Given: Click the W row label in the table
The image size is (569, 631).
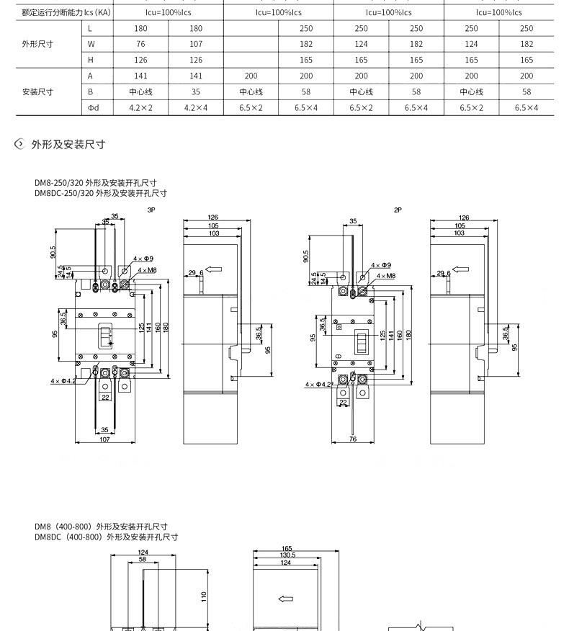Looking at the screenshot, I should pyautogui.click(x=91, y=45).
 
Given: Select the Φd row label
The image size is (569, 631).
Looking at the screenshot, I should pyautogui.click(x=93, y=108).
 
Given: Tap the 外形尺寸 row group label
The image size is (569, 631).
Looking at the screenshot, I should pyautogui.click(x=37, y=45).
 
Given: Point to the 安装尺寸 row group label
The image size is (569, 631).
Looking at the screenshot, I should pyautogui.click(x=37, y=92).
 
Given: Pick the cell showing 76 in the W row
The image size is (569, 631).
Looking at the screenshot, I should pyautogui.click(x=141, y=45).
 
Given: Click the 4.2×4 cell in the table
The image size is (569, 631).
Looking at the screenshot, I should pyautogui.click(x=196, y=108).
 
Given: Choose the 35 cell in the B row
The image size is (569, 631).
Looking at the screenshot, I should pyautogui.click(x=196, y=92).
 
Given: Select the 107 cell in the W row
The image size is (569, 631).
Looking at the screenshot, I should pyautogui.click(x=196, y=45).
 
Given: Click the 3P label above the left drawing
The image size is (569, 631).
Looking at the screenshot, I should pyautogui.click(x=151, y=210).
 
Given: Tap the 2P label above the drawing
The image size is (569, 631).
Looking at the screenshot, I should pyautogui.click(x=398, y=210).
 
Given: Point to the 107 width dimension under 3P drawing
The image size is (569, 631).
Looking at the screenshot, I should pyautogui.click(x=104, y=439).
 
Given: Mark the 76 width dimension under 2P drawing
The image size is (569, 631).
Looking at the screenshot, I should pyautogui.click(x=353, y=439).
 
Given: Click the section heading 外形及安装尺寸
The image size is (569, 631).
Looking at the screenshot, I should pyautogui.click(x=68, y=145).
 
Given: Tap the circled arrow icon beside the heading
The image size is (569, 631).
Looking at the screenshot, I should pyautogui.click(x=19, y=145).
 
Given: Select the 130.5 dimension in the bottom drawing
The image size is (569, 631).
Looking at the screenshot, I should pyautogui.click(x=287, y=555).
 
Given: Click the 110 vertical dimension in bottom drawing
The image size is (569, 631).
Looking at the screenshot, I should pyautogui.click(x=204, y=596).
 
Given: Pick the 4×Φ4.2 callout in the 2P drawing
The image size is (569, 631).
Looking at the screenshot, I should pyautogui.click(x=318, y=385).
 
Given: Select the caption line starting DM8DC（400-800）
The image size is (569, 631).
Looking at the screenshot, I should pyautogui.click(x=106, y=537).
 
